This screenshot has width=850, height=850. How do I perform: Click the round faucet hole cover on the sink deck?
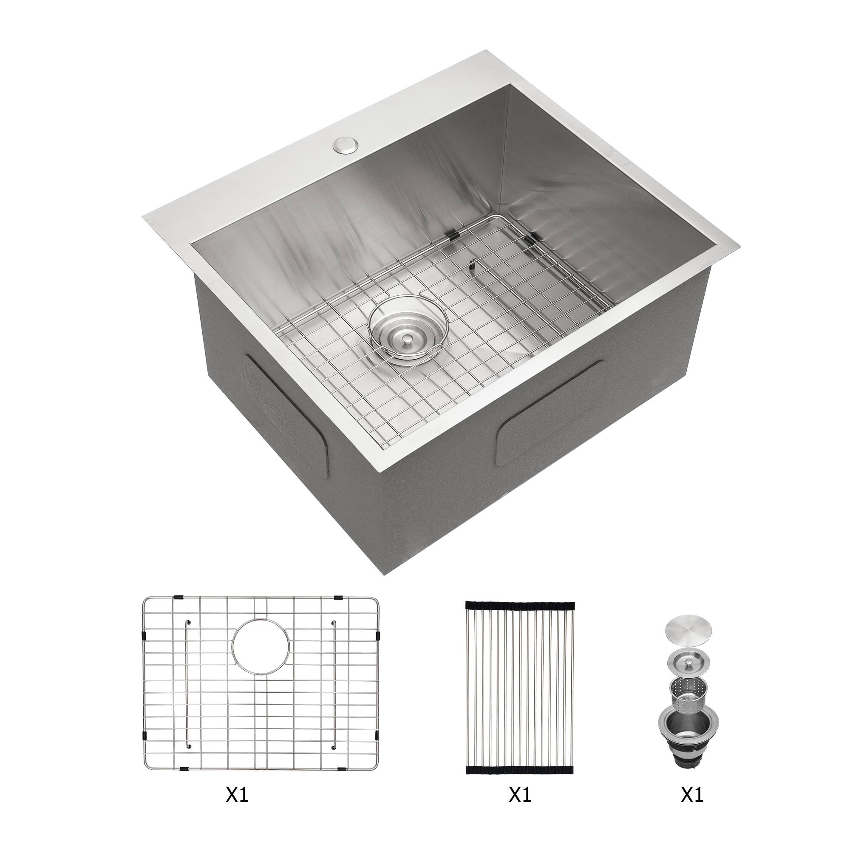point(346,146)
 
